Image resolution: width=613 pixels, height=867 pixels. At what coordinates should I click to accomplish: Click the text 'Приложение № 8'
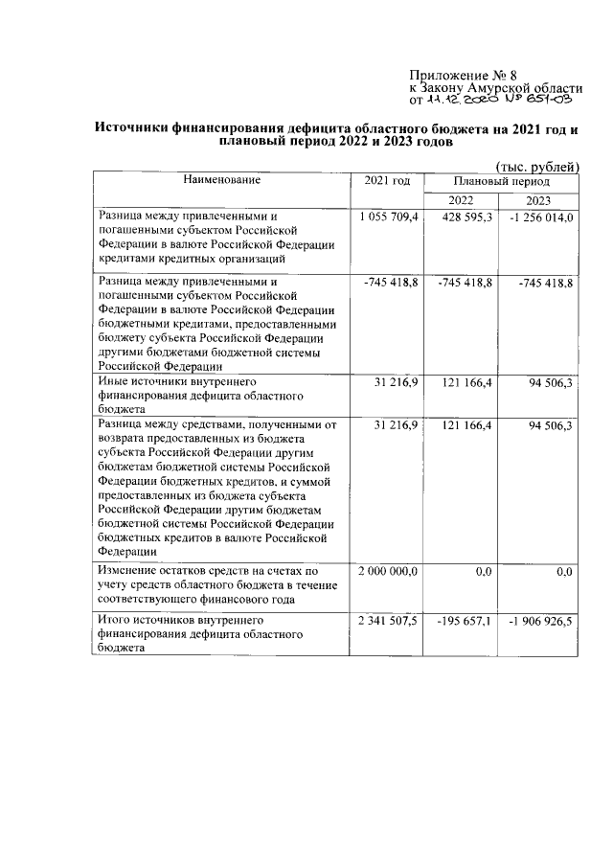462,75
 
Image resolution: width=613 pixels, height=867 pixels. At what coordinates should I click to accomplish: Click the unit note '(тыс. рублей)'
536,167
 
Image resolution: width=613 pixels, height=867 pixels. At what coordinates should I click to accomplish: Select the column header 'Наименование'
222,180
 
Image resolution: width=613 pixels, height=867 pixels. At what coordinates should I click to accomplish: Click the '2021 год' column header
387,180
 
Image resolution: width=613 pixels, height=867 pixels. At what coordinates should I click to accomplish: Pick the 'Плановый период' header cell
502,180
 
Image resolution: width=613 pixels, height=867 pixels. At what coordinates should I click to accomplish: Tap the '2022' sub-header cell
461,199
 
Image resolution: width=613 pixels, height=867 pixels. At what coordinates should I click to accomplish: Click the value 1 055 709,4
389,218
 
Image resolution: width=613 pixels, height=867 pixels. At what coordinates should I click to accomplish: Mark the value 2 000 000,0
389,572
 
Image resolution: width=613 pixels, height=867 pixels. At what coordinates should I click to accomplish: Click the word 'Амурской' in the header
504,88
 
